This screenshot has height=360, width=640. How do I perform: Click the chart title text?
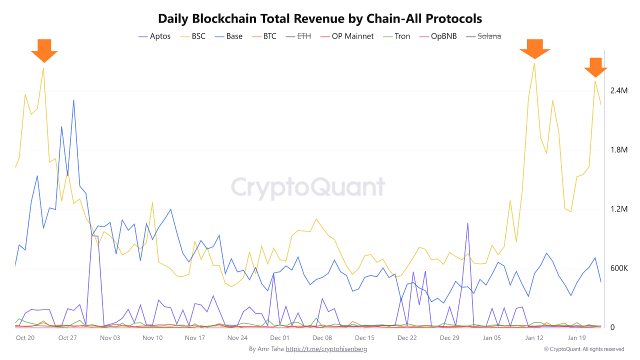pos(320,18)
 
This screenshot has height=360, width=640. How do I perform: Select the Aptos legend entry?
pos(154,36)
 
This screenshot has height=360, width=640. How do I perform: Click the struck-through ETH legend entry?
pos(298,36)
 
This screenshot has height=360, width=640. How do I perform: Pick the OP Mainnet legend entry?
pos(346,36)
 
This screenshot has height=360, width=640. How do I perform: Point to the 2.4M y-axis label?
pos(618,90)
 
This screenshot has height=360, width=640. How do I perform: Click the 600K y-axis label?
pos(618,268)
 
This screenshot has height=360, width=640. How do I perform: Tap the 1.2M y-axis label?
pos(618,209)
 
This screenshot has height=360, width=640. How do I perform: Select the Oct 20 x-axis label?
pos(25,338)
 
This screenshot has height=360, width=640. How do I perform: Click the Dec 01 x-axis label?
pos(279,338)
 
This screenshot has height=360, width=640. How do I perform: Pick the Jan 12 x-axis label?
pos(534,338)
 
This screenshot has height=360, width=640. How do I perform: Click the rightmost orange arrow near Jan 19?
pos(595,67)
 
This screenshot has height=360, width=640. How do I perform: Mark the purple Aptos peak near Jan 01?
pos(467,223)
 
